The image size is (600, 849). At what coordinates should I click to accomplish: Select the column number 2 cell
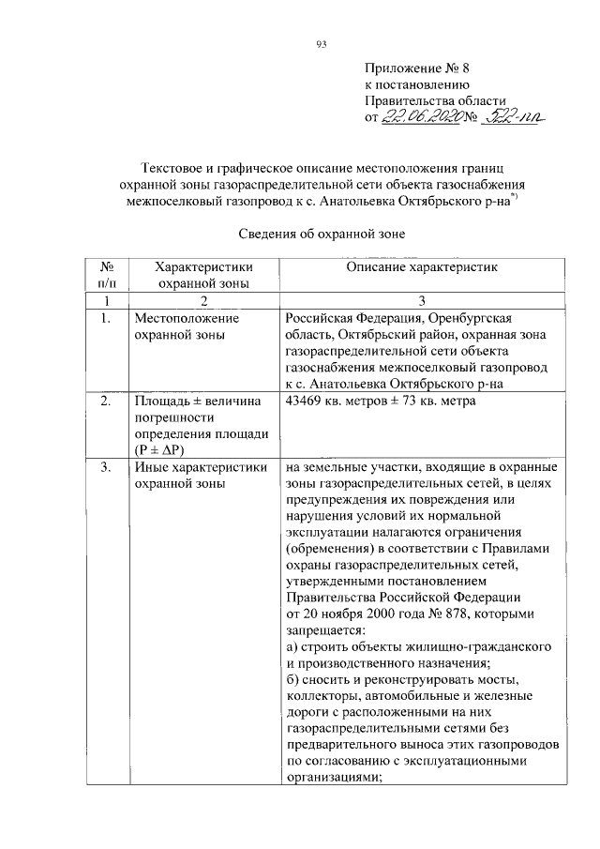pos(203,300)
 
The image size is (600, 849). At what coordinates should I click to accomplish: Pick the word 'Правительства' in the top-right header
pos(406,100)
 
